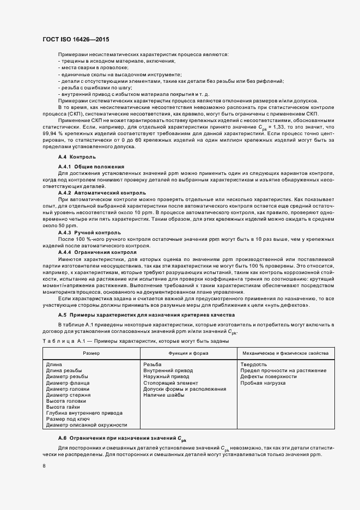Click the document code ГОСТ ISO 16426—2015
click(x=78, y=39)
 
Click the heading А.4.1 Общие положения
click(x=91, y=166)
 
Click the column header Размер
click(x=91, y=353)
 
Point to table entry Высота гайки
click(x=63, y=407)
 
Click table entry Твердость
click(x=253, y=365)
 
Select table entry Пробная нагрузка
click(x=263, y=383)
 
